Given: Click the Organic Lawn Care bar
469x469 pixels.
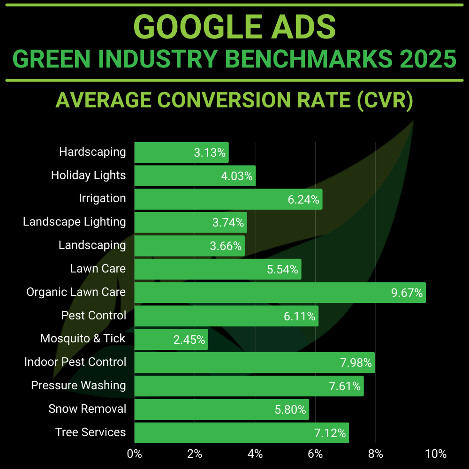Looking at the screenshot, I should (280, 292).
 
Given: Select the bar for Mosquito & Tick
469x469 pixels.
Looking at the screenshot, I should (171, 339).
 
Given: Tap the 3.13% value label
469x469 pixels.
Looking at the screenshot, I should (210, 153).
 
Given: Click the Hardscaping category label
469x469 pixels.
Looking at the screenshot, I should (92, 152).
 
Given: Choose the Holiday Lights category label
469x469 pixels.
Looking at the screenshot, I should (88, 175).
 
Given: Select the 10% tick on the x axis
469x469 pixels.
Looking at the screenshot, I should (436, 454).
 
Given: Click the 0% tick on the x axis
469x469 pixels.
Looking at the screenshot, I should (135, 454).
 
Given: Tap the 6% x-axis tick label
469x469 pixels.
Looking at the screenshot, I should (315, 454).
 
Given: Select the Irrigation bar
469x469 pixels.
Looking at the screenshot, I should (228, 199).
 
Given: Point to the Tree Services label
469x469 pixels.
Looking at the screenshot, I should (91, 432).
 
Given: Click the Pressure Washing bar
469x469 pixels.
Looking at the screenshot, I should (249, 386).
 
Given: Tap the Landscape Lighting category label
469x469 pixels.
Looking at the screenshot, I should (75, 222).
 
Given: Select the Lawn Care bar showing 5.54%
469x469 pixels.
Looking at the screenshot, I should (218, 269).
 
